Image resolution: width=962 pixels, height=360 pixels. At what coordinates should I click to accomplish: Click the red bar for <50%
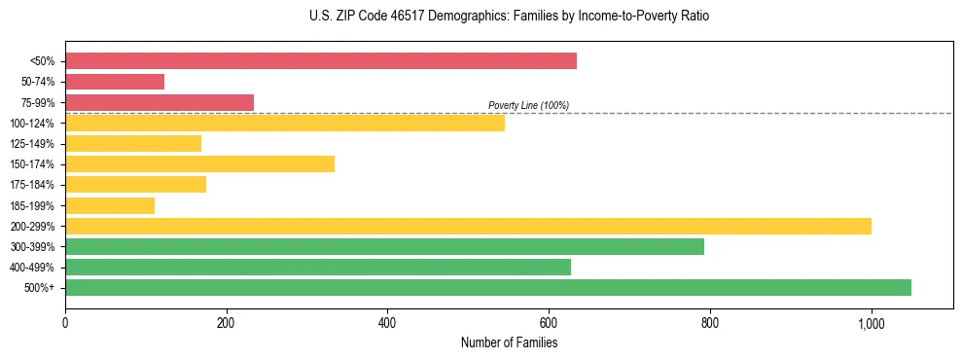(x=321, y=61)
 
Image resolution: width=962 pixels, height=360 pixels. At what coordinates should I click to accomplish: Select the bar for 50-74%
(x=115, y=82)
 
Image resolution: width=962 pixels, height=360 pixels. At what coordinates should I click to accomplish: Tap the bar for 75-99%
(x=160, y=102)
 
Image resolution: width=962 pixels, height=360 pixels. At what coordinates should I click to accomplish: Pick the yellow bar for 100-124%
(x=285, y=123)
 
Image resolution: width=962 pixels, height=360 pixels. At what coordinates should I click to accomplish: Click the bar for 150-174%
(x=199, y=163)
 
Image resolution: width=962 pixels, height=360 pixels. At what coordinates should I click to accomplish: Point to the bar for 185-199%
(x=110, y=205)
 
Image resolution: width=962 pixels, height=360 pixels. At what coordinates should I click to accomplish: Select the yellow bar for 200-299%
(x=468, y=226)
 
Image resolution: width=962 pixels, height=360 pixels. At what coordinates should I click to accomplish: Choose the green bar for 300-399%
(x=384, y=246)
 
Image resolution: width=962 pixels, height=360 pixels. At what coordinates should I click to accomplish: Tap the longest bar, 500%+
(x=488, y=287)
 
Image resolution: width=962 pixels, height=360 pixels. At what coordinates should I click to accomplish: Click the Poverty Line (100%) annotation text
(x=528, y=105)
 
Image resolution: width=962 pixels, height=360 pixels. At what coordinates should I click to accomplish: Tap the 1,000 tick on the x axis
(x=871, y=323)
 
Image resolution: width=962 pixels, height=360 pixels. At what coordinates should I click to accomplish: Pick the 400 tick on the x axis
(x=387, y=323)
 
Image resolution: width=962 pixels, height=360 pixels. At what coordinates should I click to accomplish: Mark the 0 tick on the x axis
(x=65, y=323)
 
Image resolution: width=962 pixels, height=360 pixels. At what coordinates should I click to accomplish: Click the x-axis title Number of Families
(x=509, y=342)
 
